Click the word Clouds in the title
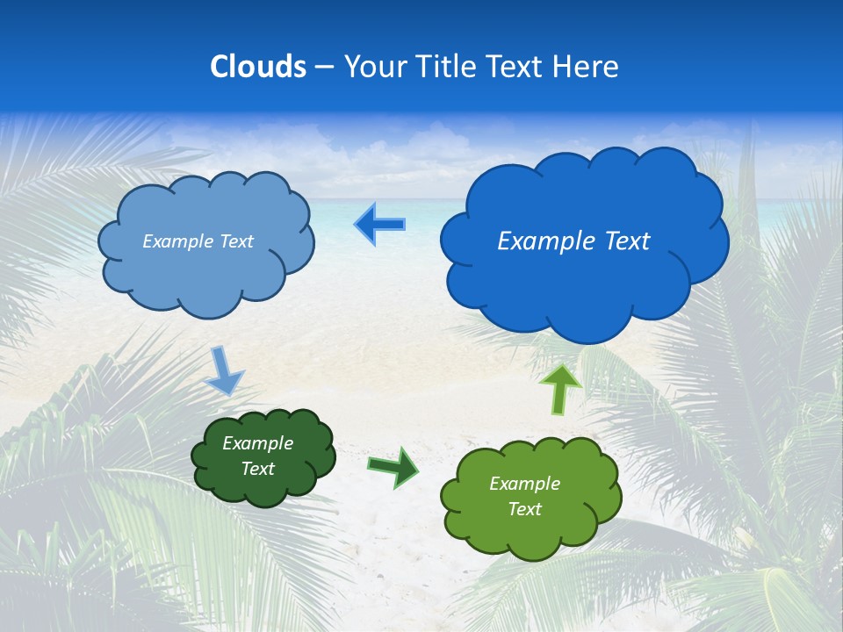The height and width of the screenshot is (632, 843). (x=258, y=67)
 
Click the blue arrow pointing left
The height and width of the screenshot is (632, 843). (x=379, y=225)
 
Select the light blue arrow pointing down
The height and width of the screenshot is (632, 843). (x=223, y=370)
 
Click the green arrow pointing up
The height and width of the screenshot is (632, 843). (x=559, y=388)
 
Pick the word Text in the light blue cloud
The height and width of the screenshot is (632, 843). (x=235, y=241)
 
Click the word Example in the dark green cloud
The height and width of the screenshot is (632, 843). (x=258, y=443)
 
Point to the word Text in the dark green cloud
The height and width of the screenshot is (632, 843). (x=258, y=469)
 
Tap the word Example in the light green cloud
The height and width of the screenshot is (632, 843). (x=524, y=484)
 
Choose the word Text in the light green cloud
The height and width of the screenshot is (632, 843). (x=524, y=509)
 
